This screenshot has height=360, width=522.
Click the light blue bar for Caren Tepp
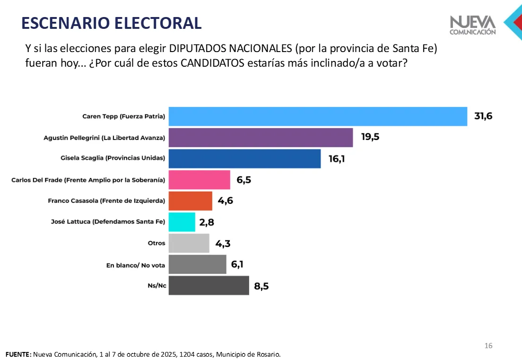(x=318, y=116)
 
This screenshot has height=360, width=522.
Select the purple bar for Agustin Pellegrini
(x=261, y=138)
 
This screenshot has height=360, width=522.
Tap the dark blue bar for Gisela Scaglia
(x=244, y=158)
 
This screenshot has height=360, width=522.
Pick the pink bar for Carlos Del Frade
(x=199, y=180)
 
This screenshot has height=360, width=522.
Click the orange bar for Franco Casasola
(x=190, y=201)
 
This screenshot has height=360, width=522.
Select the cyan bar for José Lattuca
(x=182, y=222)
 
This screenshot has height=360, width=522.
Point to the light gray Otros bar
(x=189, y=243)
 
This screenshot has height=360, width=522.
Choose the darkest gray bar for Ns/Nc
(x=209, y=286)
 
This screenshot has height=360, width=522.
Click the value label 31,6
(x=483, y=116)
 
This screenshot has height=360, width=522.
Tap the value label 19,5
(x=370, y=138)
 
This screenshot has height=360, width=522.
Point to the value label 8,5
(x=261, y=286)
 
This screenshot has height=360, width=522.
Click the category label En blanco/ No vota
(x=135, y=265)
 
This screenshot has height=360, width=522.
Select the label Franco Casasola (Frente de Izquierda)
(x=106, y=201)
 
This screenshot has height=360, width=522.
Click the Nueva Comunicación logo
(x=473, y=25)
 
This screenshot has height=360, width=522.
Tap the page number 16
(x=488, y=346)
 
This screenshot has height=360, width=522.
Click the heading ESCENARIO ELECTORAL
(x=112, y=23)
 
